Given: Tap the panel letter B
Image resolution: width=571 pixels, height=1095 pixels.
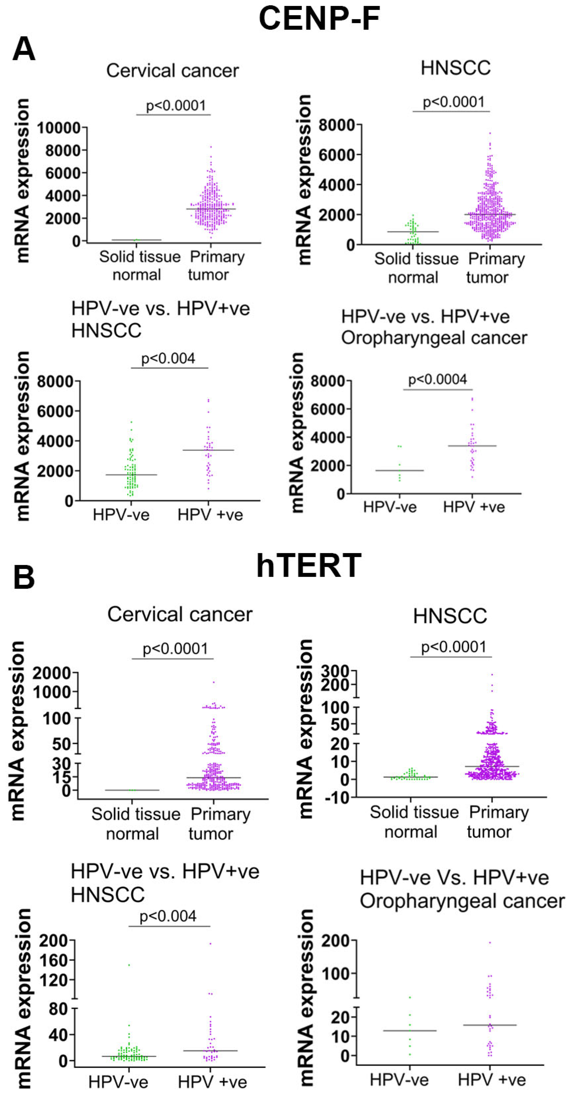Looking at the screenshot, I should point(24,578).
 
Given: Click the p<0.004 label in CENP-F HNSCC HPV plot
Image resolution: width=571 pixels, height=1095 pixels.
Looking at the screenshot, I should point(168,358).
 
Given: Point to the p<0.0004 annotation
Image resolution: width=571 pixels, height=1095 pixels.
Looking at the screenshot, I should point(438,379).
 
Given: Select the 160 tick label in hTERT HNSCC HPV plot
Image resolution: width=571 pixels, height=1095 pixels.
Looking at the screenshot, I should point(54,960).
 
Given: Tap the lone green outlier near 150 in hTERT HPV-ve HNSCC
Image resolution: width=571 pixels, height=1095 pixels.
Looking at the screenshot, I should point(129,965).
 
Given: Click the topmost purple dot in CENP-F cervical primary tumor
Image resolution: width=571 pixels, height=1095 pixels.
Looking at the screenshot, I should point(211,147).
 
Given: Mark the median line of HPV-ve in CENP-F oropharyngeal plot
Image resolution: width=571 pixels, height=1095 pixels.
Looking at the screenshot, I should point(400,471).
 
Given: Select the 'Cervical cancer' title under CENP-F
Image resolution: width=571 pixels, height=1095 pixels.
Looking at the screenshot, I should point(172,71).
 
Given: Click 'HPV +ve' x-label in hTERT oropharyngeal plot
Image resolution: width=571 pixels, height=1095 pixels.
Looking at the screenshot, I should point(492,1080).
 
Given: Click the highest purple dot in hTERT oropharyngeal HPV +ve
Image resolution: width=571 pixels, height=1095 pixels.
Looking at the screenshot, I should point(490,942).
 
